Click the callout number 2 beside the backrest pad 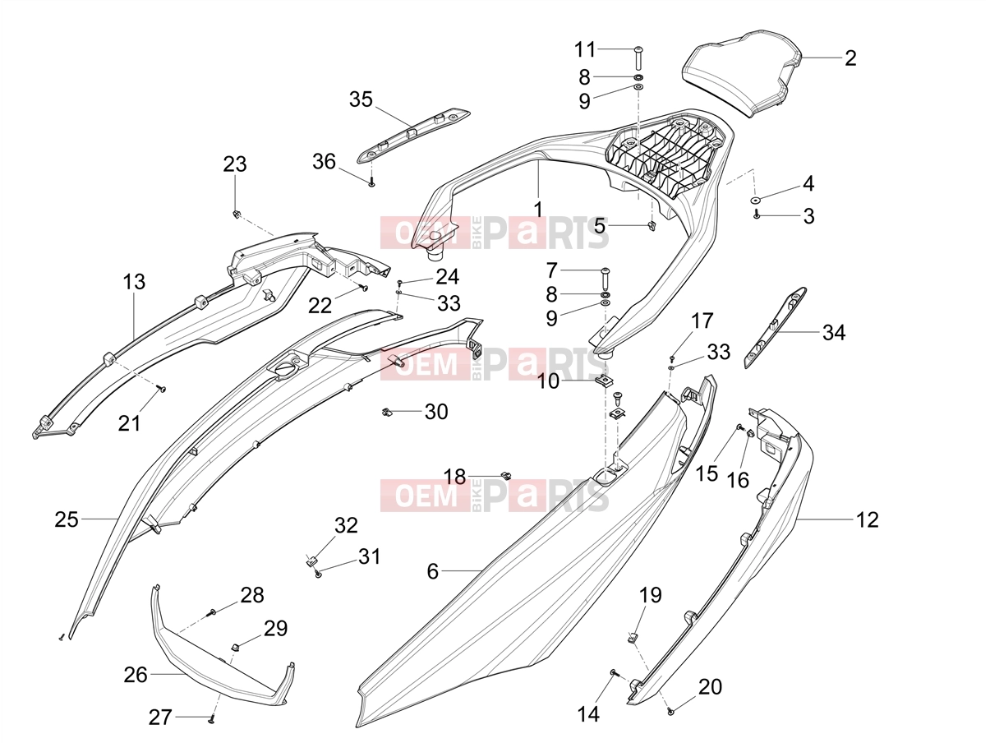pyautogui.click(x=850, y=58)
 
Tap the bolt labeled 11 pyautogui.click(x=638, y=58)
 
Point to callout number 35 pyautogui.click(x=361, y=99)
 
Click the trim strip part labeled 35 pyautogui.click(x=412, y=136)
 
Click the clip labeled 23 pyautogui.click(x=235, y=214)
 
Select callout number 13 pyautogui.click(x=134, y=282)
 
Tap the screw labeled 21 pyautogui.click(x=162, y=388)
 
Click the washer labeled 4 pyautogui.click(x=757, y=200)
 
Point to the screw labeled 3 pyautogui.click(x=757, y=215)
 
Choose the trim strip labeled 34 pyautogui.click(x=775, y=328)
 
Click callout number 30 pyautogui.click(x=436, y=412)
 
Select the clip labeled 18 pyautogui.click(x=506, y=475)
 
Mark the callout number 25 pyautogui.click(x=67, y=519)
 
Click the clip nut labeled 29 pyautogui.click(x=236, y=648)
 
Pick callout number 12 pyautogui.click(x=868, y=519)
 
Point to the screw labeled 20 pyautogui.click(x=670, y=712)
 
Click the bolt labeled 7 pyautogui.click(x=605, y=279)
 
